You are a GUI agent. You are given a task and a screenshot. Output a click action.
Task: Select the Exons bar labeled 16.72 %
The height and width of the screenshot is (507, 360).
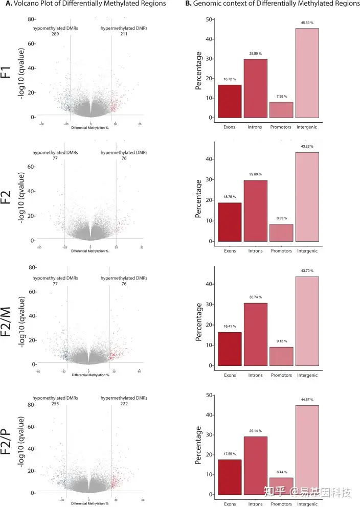click(x=230, y=101)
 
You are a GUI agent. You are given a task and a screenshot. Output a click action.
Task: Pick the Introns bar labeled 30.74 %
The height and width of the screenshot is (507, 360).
click(x=255, y=334)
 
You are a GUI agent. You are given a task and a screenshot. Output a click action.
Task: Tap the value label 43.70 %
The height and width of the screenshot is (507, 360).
click(x=307, y=271)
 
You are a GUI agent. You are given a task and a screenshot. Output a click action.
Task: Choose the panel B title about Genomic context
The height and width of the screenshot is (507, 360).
click(x=273, y=4)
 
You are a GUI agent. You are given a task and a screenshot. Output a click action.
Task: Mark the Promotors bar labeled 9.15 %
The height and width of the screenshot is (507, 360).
click(x=281, y=356)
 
